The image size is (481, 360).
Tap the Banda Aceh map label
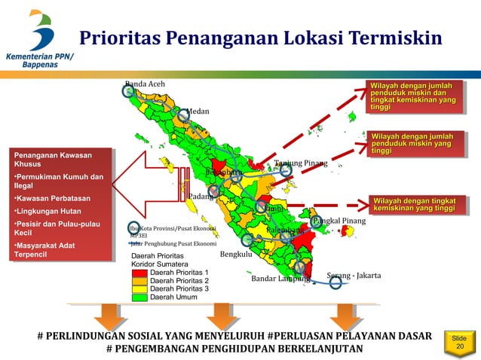[x=145, y=83]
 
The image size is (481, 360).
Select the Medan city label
[x=198, y=111]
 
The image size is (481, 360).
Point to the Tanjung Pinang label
[x=300, y=163]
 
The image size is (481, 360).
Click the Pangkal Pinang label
[x=339, y=221]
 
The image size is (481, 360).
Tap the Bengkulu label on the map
[x=235, y=255]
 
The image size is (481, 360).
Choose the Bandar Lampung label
[x=280, y=279]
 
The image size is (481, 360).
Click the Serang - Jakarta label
[x=354, y=275]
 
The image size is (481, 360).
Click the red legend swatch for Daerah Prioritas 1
[x=140, y=272]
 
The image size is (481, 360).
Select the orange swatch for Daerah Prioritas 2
[x=140, y=280]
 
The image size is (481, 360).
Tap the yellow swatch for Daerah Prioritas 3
[x=140, y=288]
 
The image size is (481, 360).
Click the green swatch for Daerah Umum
[x=140, y=297]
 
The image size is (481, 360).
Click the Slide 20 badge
[x=459, y=343]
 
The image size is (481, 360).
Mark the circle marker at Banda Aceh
[x=129, y=91]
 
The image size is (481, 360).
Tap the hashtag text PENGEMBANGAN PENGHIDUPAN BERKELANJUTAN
[x=234, y=349]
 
